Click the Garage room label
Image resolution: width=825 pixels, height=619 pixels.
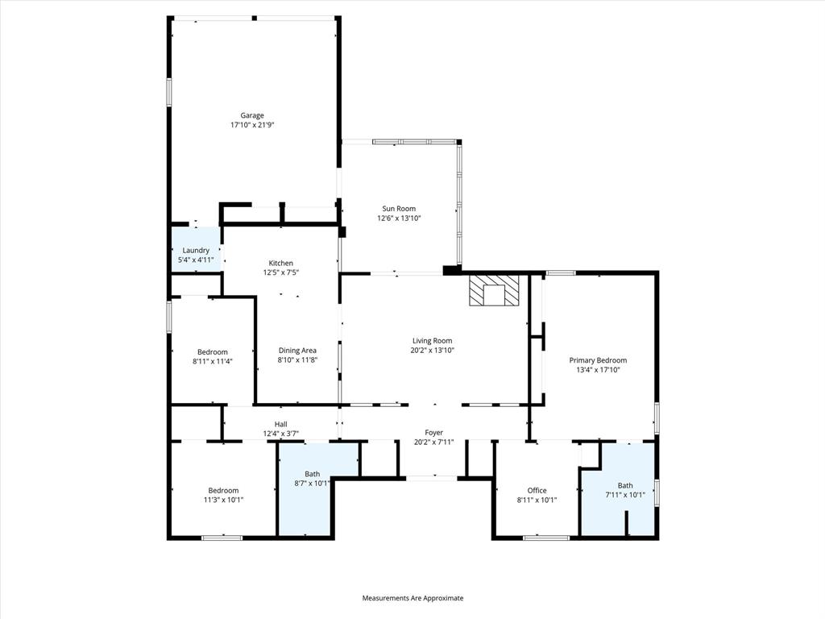click(x=252, y=115)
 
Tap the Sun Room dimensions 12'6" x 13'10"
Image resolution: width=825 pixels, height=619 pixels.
click(x=399, y=218)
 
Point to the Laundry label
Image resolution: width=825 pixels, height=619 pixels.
click(x=196, y=251)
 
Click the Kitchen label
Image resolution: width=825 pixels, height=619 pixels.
click(x=280, y=264)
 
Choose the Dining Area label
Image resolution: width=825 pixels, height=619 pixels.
click(x=296, y=351)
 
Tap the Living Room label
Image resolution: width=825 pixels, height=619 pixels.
click(x=432, y=341)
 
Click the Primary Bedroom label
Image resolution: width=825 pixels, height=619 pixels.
click(x=598, y=360)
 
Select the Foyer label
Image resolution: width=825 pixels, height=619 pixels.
click(x=433, y=433)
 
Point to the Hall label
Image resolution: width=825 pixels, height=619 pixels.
click(x=280, y=425)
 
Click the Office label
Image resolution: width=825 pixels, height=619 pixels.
click(x=537, y=491)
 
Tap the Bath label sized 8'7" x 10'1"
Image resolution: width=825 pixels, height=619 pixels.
click(x=313, y=474)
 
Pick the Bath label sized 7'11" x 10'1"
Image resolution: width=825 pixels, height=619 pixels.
click(x=625, y=485)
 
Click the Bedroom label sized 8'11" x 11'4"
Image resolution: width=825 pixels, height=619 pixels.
click(x=213, y=352)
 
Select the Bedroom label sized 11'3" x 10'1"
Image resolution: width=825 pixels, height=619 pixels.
click(x=223, y=491)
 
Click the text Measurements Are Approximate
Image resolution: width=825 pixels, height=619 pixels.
click(x=412, y=598)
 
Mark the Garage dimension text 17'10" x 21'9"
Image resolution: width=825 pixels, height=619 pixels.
click(x=252, y=125)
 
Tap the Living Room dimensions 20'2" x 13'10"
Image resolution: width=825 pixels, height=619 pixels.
click(x=432, y=351)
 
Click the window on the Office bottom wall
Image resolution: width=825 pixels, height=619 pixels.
click(x=535, y=538)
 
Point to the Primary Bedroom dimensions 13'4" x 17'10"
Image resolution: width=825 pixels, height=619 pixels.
click(x=598, y=370)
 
